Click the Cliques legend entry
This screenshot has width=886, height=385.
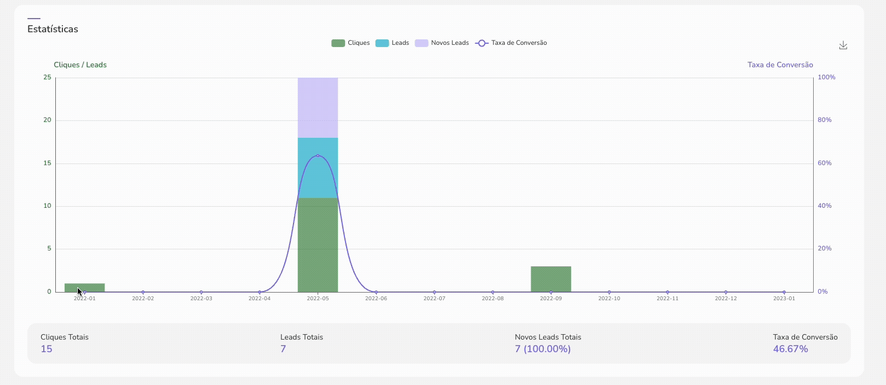pyautogui.click(x=350, y=43)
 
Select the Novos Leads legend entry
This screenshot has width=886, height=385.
pyautogui.click(x=442, y=43)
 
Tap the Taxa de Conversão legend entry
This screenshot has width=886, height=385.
pyautogui.click(x=511, y=43)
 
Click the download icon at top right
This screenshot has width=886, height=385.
pyautogui.click(x=843, y=45)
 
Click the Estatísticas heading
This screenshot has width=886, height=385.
pyautogui.click(x=53, y=29)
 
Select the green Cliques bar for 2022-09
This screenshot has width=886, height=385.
pyautogui.click(x=551, y=279)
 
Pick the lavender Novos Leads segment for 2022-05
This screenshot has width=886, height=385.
pyautogui.click(x=318, y=107)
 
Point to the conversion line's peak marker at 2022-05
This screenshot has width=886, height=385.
pyautogui.click(x=318, y=155)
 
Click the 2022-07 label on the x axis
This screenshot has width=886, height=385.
pyautogui.click(x=434, y=299)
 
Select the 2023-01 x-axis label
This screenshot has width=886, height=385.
pyautogui.click(x=784, y=299)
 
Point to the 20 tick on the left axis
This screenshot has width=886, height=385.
pyautogui.click(x=48, y=120)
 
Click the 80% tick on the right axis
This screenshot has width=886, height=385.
pyautogui.click(x=824, y=120)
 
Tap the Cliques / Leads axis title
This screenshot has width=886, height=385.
pyautogui.click(x=80, y=65)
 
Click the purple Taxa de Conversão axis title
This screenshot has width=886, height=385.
pyautogui.click(x=780, y=65)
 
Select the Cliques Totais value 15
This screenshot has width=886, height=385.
pyautogui.click(x=47, y=349)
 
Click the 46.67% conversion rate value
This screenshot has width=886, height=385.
pyautogui.click(x=790, y=349)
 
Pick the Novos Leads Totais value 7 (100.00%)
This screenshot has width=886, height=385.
pyautogui.click(x=542, y=349)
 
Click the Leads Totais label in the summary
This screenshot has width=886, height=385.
pyautogui.click(x=301, y=337)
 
